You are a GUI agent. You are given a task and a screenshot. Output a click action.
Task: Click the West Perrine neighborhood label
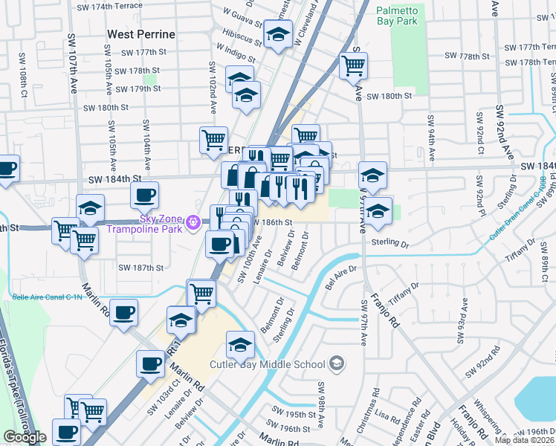tap(141, 34)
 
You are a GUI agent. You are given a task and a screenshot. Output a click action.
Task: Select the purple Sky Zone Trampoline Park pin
tap(193, 222)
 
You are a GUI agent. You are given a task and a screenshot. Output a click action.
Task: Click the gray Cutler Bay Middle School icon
tap(337, 363)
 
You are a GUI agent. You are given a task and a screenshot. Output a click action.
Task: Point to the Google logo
tap(25, 437)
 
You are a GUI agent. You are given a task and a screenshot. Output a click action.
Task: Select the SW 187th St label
tap(140, 268)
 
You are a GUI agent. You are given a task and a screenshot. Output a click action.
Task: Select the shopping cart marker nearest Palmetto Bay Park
tap(353, 65)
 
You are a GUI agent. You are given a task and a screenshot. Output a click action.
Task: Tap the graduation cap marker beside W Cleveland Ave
tap(279, 36)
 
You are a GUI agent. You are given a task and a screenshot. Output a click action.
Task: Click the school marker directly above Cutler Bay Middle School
tap(240, 344)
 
